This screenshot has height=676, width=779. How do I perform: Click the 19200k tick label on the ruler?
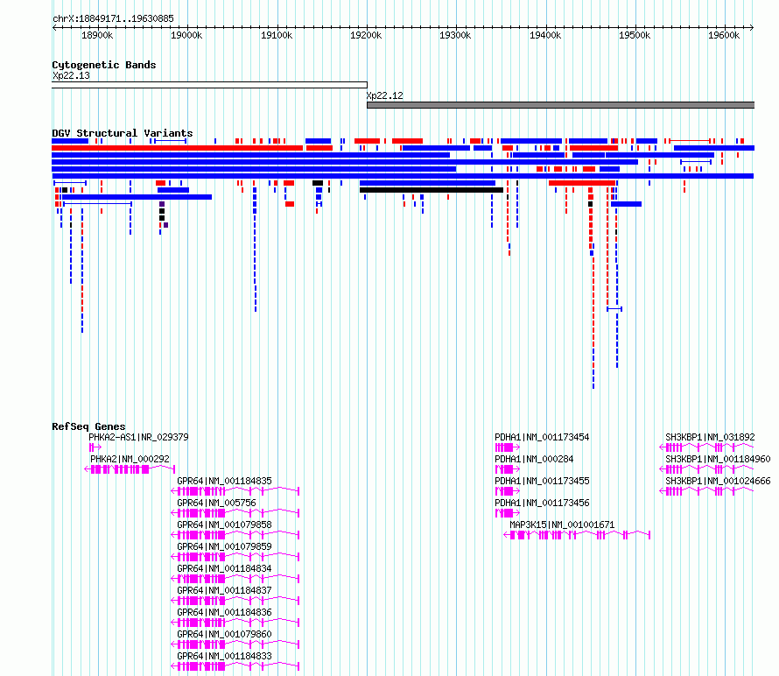(x=366, y=35)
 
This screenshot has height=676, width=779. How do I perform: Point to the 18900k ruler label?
(x=97, y=35)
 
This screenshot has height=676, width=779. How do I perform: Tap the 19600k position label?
(x=724, y=35)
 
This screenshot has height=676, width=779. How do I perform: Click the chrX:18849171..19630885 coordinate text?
(x=113, y=19)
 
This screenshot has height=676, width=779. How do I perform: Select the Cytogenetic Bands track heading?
(x=104, y=65)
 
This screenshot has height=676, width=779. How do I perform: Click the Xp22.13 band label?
(x=71, y=75)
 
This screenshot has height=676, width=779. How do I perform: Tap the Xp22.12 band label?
(x=384, y=95)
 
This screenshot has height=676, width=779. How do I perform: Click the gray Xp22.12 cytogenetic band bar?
(x=560, y=105)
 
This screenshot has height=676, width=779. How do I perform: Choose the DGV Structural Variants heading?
(x=123, y=133)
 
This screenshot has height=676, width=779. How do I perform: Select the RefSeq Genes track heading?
(x=88, y=426)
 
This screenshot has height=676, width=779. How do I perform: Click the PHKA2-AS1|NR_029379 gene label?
(x=138, y=438)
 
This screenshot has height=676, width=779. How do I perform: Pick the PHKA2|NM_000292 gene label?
(x=130, y=460)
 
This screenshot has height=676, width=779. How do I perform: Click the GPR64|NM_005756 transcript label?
(x=216, y=503)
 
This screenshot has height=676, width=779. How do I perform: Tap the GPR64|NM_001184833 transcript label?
(x=225, y=656)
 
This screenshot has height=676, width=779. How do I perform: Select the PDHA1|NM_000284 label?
(x=534, y=460)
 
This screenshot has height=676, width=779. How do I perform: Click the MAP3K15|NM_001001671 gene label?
(x=562, y=525)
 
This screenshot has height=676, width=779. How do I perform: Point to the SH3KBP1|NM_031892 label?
(x=710, y=438)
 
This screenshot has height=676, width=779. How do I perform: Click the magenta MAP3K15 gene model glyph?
(x=577, y=535)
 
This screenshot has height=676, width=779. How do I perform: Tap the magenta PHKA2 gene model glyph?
(x=130, y=469)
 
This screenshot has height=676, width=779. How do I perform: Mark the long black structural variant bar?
(x=432, y=190)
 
